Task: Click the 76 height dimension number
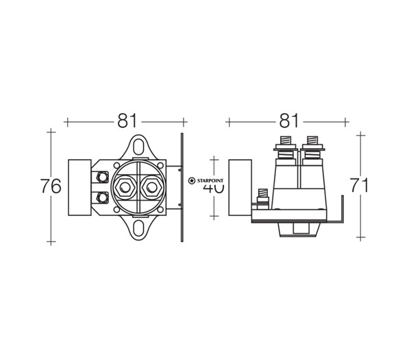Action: pyautogui.click(x=51, y=186)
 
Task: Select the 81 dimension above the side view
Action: pyautogui.click(x=287, y=121)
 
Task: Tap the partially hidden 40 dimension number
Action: pyautogui.click(x=214, y=187)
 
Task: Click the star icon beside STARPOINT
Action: pyautogui.click(x=192, y=180)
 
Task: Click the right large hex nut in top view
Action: pyautogui.click(x=151, y=187)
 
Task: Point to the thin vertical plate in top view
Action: pyautogui.click(x=182, y=187)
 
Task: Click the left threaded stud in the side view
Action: pyautogui.click(x=282, y=146)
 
